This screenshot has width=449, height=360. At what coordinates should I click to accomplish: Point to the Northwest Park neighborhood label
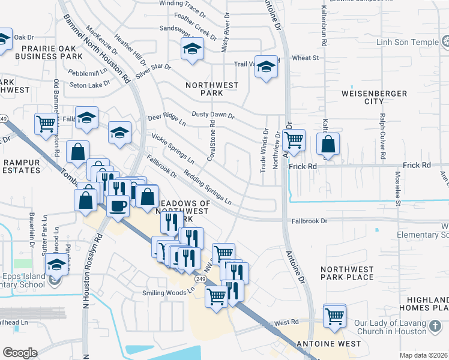[x=212, y=89]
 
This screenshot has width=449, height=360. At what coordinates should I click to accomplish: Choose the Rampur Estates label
[x=20, y=166]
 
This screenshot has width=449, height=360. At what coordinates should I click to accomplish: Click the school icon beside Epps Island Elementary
[x=57, y=265]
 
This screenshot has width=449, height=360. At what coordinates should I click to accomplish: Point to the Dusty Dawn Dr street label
[x=212, y=114]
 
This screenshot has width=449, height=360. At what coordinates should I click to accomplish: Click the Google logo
[x=20, y=353]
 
